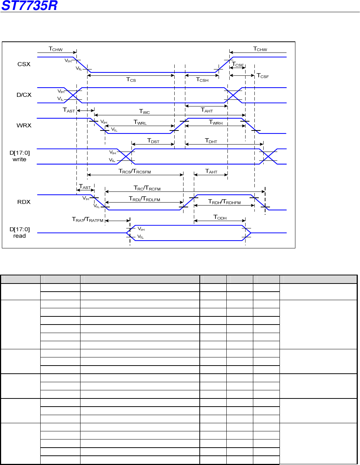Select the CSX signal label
coord(24,64)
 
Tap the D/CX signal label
coord(24,95)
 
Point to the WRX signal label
coord(24,125)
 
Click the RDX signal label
coord(24,202)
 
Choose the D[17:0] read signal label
coord(20,232)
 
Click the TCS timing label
coord(131,79)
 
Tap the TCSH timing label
coord(202,79)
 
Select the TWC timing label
coord(144,111)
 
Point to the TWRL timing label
coord(140,122)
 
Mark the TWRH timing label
coord(216,122)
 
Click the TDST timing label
coord(153,141)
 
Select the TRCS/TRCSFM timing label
coord(135,171)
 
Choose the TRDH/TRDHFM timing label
coord(224,202)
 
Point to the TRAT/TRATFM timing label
coord(88,220)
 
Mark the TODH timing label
coord(220,217)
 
